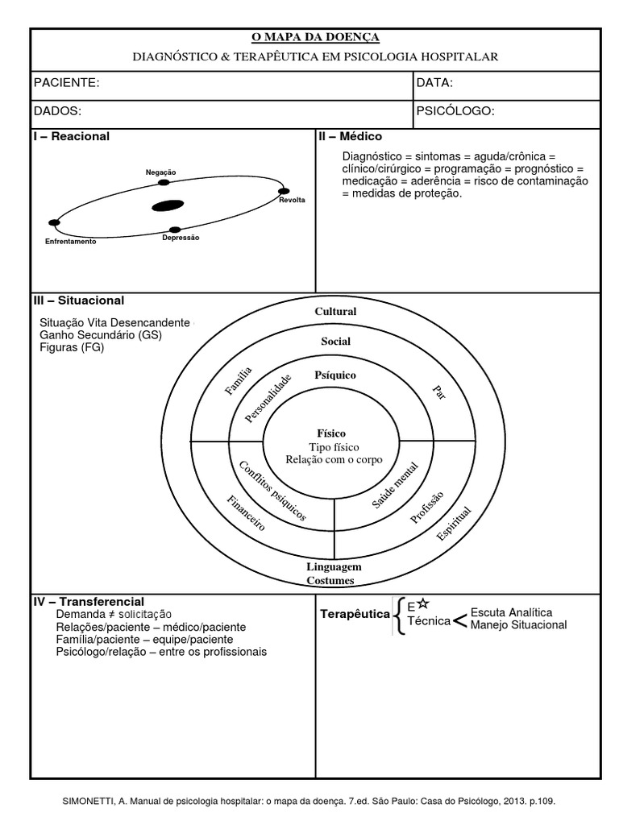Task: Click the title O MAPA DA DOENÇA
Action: pyautogui.click(x=315, y=37)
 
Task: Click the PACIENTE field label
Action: pyautogui.click(x=66, y=83)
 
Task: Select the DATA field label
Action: pyautogui.click(x=435, y=83)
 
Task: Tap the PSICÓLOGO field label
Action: pyautogui.click(x=455, y=111)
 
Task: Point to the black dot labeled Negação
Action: pyautogui.click(x=163, y=183)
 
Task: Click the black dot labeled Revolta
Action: pyautogui.click(x=284, y=192)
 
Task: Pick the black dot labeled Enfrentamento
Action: pyautogui.click(x=54, y=222)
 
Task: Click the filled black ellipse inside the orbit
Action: pyautogui.click(x=168, y=205)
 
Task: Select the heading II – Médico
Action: pyautogui.click(x=350, y=137)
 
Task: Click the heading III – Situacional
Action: pyautogui.click(x=78, y=301)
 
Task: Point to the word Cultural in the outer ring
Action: pyautogui.click(x=335, y=312)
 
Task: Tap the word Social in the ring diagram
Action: pyautogui.click(x=335, y=342)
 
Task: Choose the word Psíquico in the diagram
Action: pyautogui.click(x=335, y=375)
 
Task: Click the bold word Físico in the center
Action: pyautogui.click(x=331, y=433)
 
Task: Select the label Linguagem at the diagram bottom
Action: pyautogui.click(x=334, y=566)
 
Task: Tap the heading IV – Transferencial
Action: pyautogui.click(x=88, y=602)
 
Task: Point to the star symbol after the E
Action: pyautogui.click(x=424, y=603)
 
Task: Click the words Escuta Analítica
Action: pyautogui.click(x=511, y=612)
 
